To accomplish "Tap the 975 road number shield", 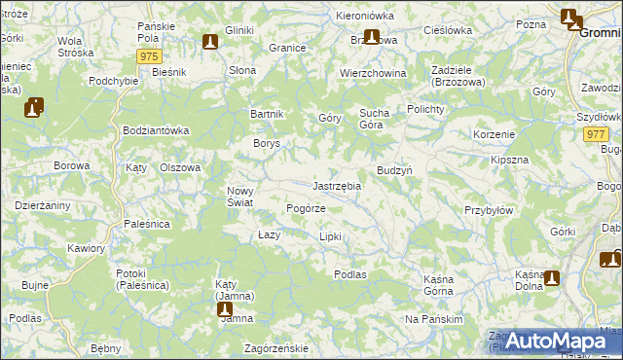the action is coord(149,57).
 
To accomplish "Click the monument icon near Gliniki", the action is coord(210,42).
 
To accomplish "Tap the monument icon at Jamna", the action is coord(225,310).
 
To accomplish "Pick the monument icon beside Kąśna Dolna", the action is coord(552,278).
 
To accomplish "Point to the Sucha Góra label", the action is coord(374,119).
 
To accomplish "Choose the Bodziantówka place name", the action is coord(155,130).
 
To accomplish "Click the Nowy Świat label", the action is coord(239,197).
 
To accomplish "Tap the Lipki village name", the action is coord(331,236).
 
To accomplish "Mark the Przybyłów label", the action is coord(488,210).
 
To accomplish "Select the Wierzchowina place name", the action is coord(372,74).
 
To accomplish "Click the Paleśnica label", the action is coord(147,224).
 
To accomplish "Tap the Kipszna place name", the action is coord(509,159).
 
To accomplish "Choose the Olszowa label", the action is coord(179,167).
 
